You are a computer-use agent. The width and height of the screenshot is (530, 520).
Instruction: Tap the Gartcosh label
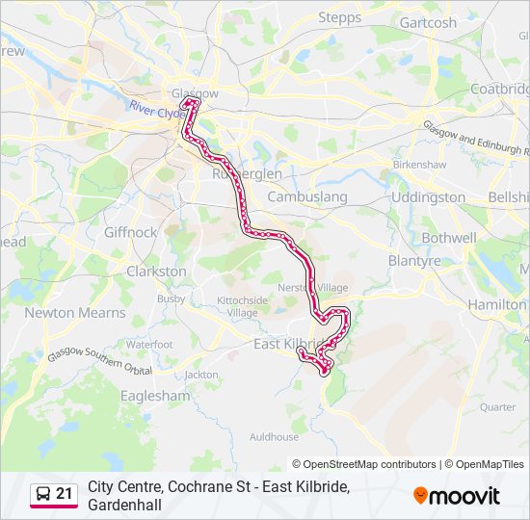[x=428, y=22]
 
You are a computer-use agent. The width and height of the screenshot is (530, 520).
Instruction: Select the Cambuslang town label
[x=306, y=196]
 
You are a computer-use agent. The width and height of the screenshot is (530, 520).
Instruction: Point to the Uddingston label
[x=428, y=196]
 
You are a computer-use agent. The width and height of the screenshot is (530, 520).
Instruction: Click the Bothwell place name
[x=449, y=237]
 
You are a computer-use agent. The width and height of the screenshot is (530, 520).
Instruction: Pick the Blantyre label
[x=414, y=261]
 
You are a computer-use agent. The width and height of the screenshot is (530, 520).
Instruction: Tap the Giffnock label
[x=131, y=232]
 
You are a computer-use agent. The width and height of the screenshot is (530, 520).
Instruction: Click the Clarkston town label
[x=156, y=272]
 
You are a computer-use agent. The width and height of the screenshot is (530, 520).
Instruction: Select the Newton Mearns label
[x=75, y=313]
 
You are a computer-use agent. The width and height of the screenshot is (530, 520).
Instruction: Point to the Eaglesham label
[x=156, y=395]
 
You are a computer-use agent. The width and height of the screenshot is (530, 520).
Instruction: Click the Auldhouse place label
[x=274, y=436]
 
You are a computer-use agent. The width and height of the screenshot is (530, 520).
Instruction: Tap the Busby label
[x=171, y=299]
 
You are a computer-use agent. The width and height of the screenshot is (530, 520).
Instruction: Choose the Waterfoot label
[x=149, y=344]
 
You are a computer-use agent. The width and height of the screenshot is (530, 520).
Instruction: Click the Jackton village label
[x=201, y=375]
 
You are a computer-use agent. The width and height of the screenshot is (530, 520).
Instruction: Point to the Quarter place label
[x=498, y=406]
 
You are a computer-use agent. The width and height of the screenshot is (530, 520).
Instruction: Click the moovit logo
[x=457, y=496]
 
